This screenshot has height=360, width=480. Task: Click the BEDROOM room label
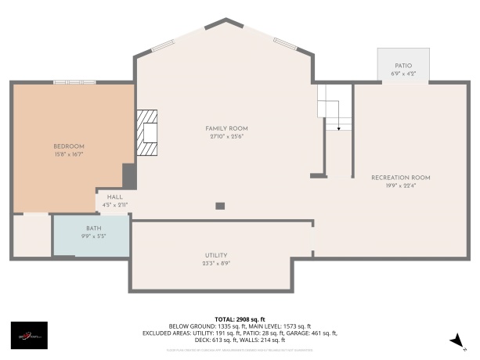pos(69,146)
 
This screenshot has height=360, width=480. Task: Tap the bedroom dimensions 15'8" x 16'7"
pos(69,155)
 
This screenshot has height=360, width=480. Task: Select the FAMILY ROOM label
pos(226,128)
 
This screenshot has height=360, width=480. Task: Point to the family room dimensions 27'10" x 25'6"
pos(226,136)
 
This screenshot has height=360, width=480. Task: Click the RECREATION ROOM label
pos(400,178)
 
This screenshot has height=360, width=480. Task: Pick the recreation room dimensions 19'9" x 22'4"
pos(400,186)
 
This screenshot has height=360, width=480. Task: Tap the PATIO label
pos(403,66)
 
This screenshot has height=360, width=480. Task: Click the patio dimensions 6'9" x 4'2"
pos(403,74)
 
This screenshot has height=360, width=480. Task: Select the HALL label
pos(115,197)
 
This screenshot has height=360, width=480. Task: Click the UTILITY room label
pos(216,256)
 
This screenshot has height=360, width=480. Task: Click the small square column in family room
pos(220,206)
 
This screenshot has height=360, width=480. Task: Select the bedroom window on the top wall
pos(79,81)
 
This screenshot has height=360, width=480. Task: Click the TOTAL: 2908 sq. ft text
pos(240,319)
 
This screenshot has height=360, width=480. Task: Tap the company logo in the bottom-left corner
pos(29,336)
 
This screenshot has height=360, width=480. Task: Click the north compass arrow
pos(455,339)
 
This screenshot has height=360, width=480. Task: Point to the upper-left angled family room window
pos(163,46)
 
